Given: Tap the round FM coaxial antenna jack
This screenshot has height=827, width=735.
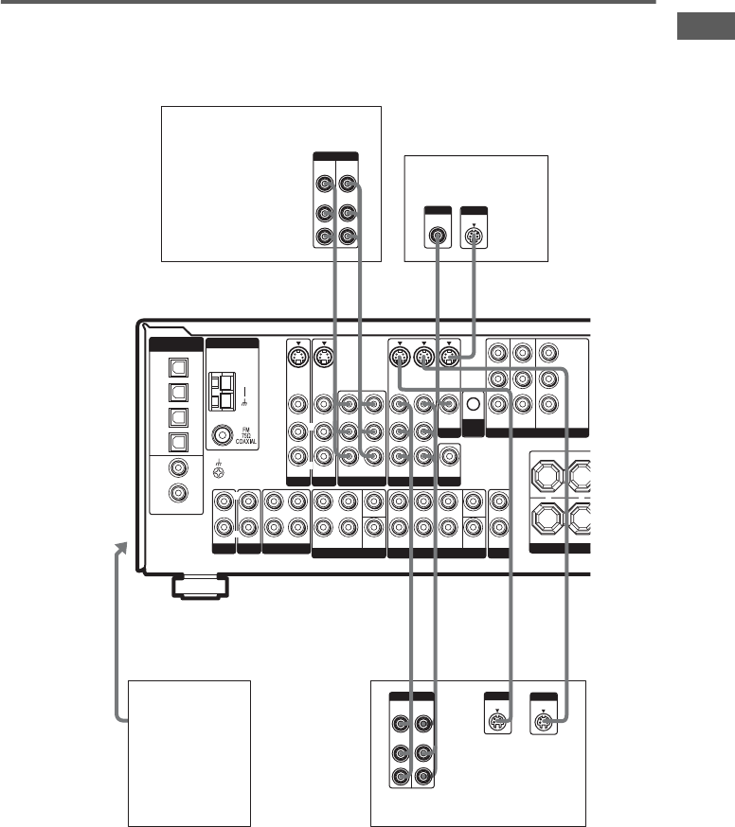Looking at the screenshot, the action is point(224,436).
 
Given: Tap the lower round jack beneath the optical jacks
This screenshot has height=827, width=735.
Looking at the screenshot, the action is point(174,492).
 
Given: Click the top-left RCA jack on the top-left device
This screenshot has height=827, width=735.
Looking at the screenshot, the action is point(325,185).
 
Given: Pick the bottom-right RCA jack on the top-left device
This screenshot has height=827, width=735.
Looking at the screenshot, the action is point(349,237).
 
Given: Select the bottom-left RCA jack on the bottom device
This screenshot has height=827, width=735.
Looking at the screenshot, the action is point(401,778).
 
